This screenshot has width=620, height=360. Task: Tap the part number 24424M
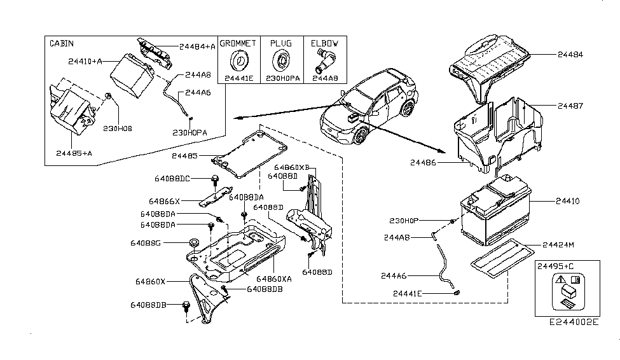558,244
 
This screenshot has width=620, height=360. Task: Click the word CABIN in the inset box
61,43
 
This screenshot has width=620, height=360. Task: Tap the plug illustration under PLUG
280,62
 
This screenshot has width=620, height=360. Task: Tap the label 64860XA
275,279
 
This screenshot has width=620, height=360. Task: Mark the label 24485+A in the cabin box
74,153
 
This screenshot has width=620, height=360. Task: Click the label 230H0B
118,128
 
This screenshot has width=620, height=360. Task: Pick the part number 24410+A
85,62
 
